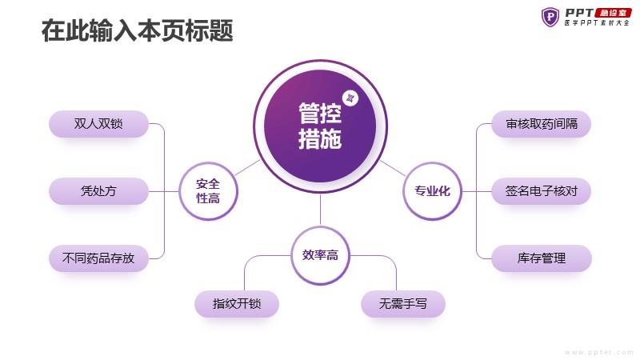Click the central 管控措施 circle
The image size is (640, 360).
point(320,126)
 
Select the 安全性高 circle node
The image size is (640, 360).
point(208,191)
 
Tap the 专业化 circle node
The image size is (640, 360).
point(432,191)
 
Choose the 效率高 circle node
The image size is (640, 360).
point(321,255)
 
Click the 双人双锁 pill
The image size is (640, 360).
point(98,124)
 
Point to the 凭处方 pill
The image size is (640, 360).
point(98,191)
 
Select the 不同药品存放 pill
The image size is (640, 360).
point(98,258)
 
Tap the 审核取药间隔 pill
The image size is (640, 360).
point(542,124)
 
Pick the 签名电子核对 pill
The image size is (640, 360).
point(542,191)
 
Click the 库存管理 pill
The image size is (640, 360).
point(542,258)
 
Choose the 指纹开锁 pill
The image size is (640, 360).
point(237,304)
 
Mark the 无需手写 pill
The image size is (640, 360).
point(403,304)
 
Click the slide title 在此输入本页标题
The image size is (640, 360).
point(137,30)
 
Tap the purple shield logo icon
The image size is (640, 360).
point(550,17)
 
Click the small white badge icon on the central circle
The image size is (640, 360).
point(350,98)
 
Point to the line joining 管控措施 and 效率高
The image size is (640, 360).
point(321,210)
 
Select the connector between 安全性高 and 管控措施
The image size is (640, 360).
point(247,168)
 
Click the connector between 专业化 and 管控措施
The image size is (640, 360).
point(393,168)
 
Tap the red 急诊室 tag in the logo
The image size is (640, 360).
point(614,13)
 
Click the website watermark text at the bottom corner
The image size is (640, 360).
point(598,352)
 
